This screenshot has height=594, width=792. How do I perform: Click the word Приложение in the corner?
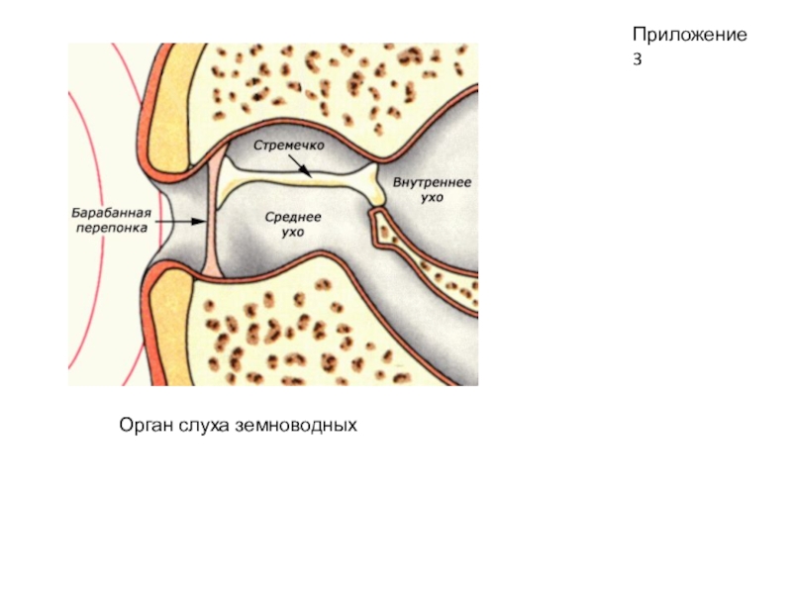[689, 36]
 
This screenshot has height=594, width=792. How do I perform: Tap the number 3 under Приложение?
[639, 59]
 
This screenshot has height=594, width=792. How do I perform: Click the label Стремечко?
[289, 146]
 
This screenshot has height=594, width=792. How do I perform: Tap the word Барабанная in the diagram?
[110, 212]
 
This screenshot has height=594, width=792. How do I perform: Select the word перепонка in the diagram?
[110, 227]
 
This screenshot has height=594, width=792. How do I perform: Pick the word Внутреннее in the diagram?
[432, 184]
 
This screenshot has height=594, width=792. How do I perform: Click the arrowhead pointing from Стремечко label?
[310, 175]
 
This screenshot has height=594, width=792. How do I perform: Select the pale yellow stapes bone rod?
[297, 182]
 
